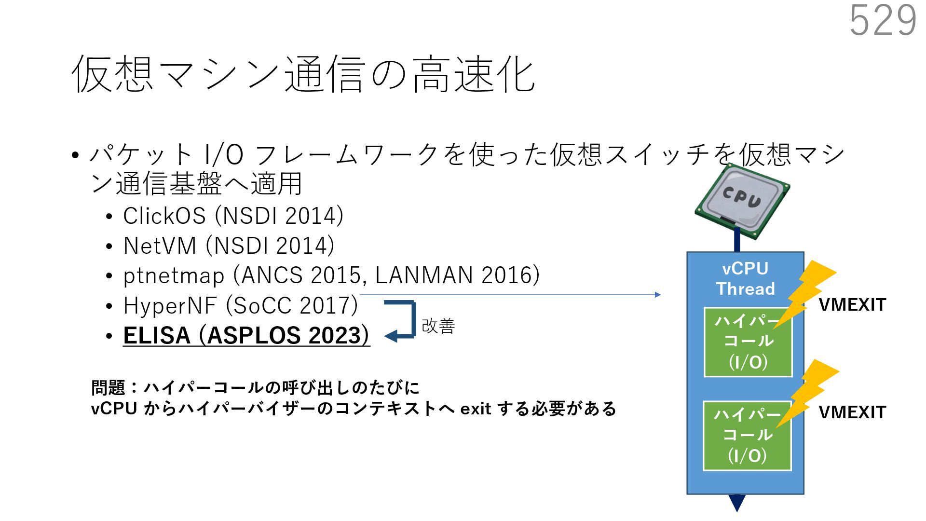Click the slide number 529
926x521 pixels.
(x=883, y=20)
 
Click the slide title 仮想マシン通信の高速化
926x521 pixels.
(x=303, y=74)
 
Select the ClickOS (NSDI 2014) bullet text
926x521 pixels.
(x=233, y=216)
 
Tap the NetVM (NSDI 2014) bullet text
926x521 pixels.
(x=229, y=246)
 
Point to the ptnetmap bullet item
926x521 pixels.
(x=331, y=275)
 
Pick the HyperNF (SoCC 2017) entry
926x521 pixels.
(x=240, y=305)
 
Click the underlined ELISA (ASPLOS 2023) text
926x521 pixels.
(x=246, y=335)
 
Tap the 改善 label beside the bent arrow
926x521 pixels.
(x=438, y=326)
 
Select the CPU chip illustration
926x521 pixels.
(x=742, y=202)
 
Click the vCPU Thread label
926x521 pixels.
(x=745, y=278)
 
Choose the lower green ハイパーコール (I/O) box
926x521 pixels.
(x=747, y=436)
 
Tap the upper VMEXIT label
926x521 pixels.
(x=852, y=305)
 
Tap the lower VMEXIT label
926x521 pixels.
(x=852, y=412)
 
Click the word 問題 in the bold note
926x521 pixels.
(x=108, y=387)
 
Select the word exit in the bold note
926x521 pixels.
(x=475, y=409)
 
